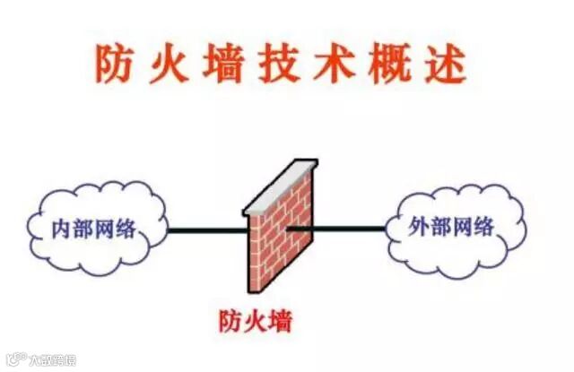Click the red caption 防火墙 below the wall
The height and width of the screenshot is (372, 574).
click(256, 318)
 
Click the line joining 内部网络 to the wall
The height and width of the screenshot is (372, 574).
click(206, 230)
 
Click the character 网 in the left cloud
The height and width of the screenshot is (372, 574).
click(105, 229)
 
